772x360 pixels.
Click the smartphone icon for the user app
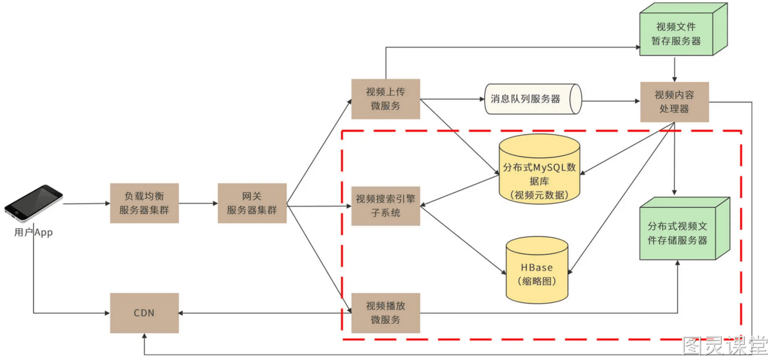point(33,204)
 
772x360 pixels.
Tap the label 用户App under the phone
point(33,232)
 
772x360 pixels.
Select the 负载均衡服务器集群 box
point(144,203)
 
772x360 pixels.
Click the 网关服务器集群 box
point(252,203)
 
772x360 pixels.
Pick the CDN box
point(144,313)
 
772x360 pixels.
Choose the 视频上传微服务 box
point(386,99)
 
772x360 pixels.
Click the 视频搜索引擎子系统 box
point(386,206)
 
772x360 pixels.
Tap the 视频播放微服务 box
point(386,313)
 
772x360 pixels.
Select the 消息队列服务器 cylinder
point(533,99)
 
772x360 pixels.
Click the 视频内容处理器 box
point(675,102)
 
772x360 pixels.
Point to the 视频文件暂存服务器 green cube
point(683,29)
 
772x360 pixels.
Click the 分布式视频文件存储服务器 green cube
point(685,229)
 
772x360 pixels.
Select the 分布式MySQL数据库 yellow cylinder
point(539,169)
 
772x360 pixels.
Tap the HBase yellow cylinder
point(537,270)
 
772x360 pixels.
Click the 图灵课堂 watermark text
point(725,345)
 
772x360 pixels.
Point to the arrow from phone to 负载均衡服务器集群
point(86,204)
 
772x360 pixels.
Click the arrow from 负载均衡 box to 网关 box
point(198,203)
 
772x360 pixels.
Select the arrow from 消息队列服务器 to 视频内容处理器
point(611,101)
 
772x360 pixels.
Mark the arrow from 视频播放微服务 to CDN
point(265,313)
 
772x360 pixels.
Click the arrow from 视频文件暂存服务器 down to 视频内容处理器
point(675,69)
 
